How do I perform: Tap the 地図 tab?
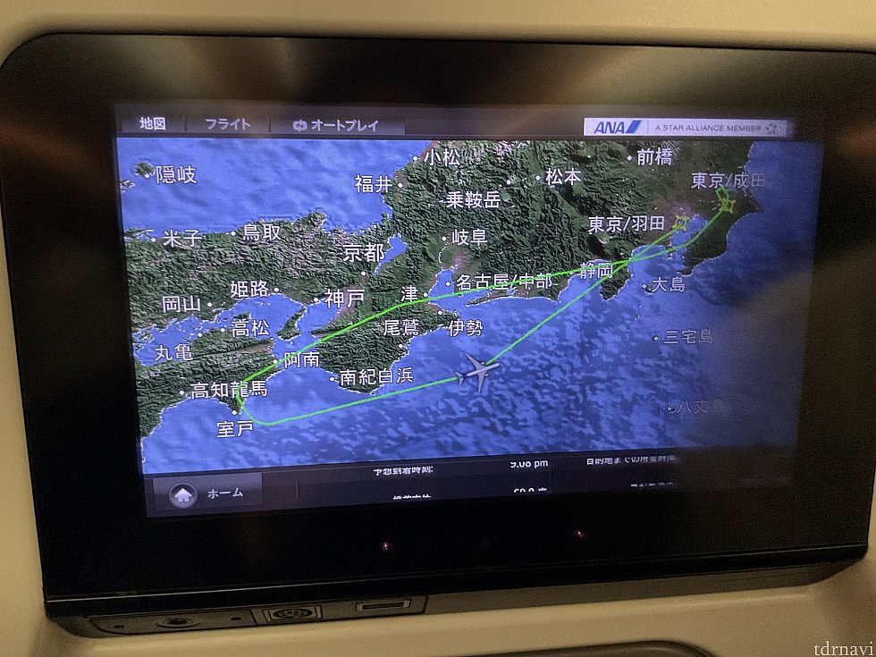click(x=152, y=125)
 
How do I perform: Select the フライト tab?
click(x=228, y=125)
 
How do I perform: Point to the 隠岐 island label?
click(x=175, y=175)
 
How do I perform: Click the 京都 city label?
click(x=364, y=253)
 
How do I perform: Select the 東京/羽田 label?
click(x=626, y=224)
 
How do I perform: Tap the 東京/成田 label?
click(x=729, y=181)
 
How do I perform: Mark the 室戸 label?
click(x=235, y=429)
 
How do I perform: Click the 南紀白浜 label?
click(x=376, y=376)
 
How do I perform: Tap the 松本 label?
click(x=563, y=177)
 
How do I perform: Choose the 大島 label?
click(x=667, y=286)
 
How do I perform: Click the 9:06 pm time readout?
click(x=529, y=464)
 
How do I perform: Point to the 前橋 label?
click(x=653, y=157)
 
